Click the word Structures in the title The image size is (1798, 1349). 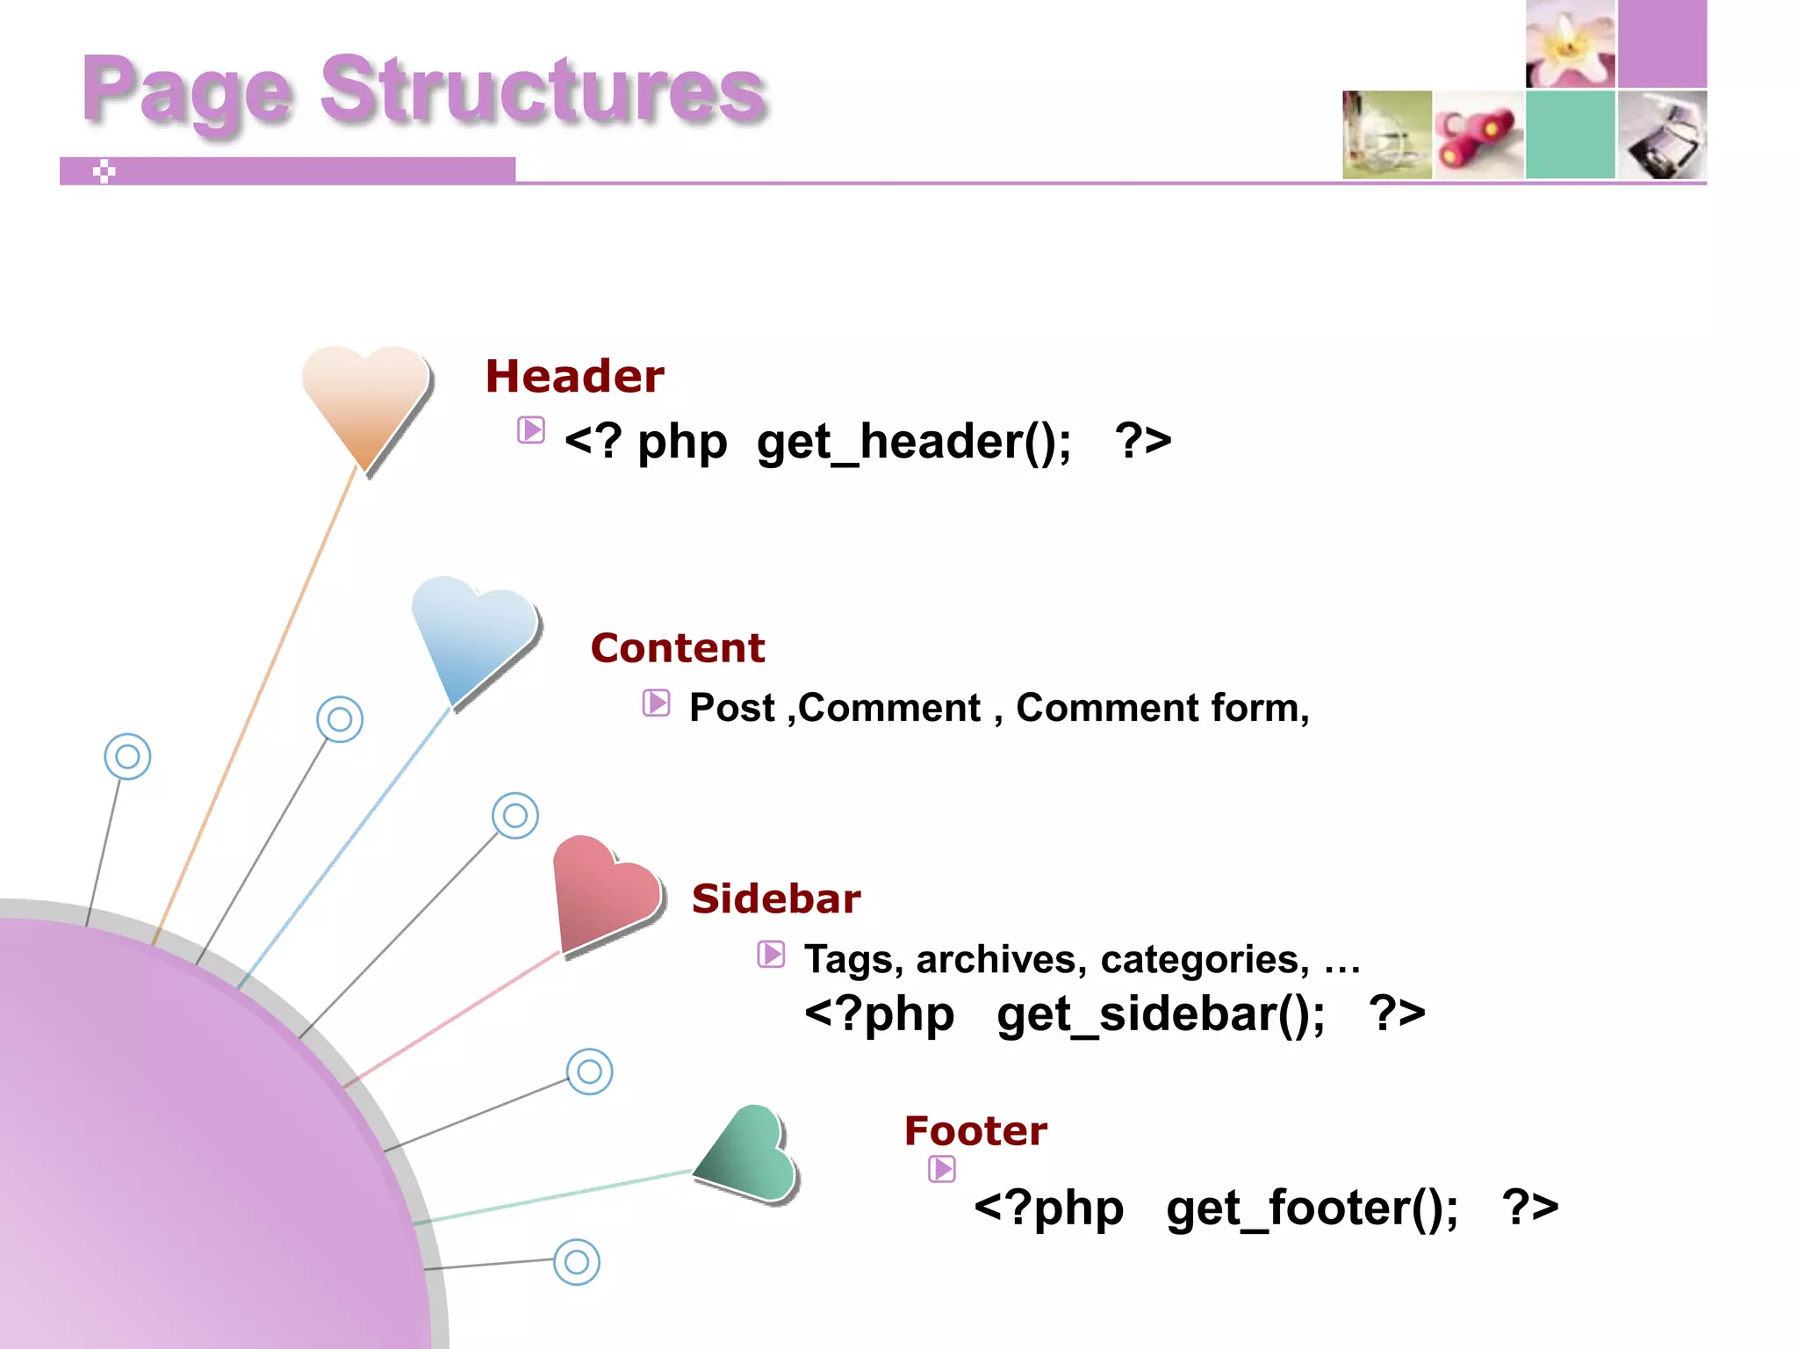point(543,90)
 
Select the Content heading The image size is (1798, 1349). point(677,648)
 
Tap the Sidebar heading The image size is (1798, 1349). point(775,898)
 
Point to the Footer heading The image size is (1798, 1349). point(975,1130)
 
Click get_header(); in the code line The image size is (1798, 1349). point(913,441)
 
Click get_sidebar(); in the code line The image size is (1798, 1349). point(1161,1014)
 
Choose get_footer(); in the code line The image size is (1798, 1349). point(1312,1208)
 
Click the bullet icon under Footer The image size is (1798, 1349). point(942,1169)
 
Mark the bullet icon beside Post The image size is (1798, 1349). point(656,703)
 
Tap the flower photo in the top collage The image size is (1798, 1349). point(1570,44)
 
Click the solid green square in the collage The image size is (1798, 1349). point(1570,135)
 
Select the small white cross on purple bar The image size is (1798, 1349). point(104,171)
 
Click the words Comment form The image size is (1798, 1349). point(1162,708)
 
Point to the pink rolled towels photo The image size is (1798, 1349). point(1478,135)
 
